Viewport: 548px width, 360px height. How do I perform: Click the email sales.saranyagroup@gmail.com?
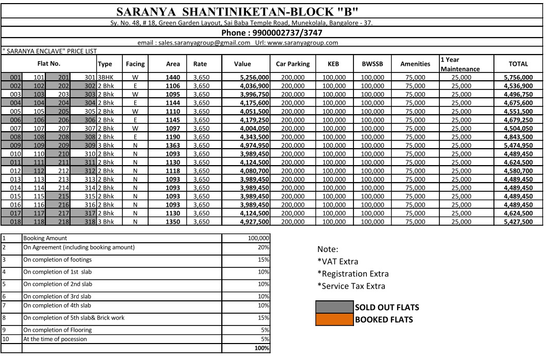coord(194,43)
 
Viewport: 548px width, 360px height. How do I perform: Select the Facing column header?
coord(135,64)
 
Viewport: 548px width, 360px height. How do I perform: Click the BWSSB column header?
coord(369,64)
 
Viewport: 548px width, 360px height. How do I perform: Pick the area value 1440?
coord(173,77)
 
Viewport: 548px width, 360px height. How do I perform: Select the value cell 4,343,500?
coord(254,137)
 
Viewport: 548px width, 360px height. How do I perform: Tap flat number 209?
coord(64,145)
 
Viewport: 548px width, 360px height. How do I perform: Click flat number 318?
coord(90,222)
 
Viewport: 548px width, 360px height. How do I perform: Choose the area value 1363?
coord(173,145)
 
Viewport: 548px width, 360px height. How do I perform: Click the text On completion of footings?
coord(58,260)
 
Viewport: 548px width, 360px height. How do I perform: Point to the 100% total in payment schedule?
coord(261,348)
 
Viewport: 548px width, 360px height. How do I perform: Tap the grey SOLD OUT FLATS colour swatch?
coord(334,308)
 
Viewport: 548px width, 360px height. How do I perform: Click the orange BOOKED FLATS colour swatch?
coord(334,319)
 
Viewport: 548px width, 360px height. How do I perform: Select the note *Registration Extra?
coord(353,274)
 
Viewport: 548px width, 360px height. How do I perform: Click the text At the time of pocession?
coord(55,339)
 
